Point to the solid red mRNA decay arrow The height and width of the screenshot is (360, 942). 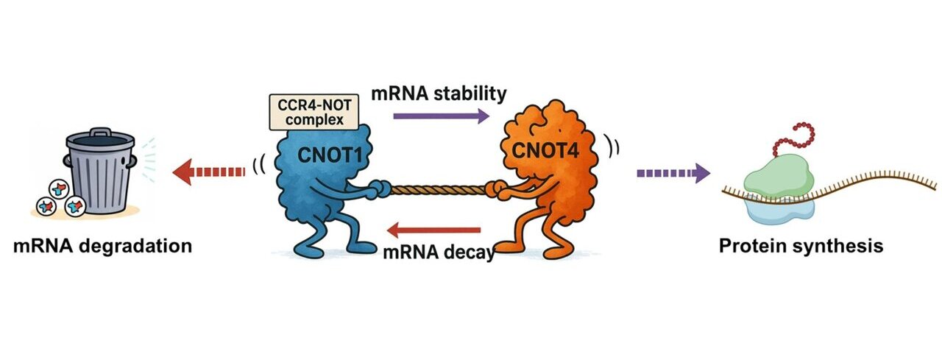pos(433,231)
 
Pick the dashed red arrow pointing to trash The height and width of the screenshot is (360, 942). pos(207,172)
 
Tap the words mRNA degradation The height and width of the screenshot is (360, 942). pos(102,245)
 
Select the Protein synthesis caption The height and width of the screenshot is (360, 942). pos(800,245)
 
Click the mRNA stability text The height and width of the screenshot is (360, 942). pos(439,93)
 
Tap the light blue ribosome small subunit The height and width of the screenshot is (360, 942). pos(779,208)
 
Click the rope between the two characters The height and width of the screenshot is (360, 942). pos(439,190)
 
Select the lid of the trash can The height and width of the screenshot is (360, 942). pos(101,138)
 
